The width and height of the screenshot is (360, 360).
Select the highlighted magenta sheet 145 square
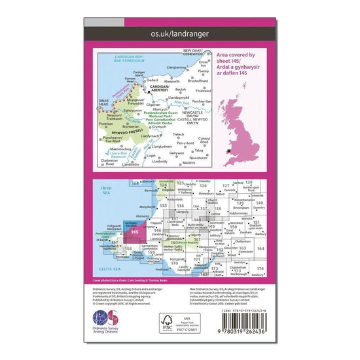click(134, 231)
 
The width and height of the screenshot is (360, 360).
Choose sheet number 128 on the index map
click(249, 185)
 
